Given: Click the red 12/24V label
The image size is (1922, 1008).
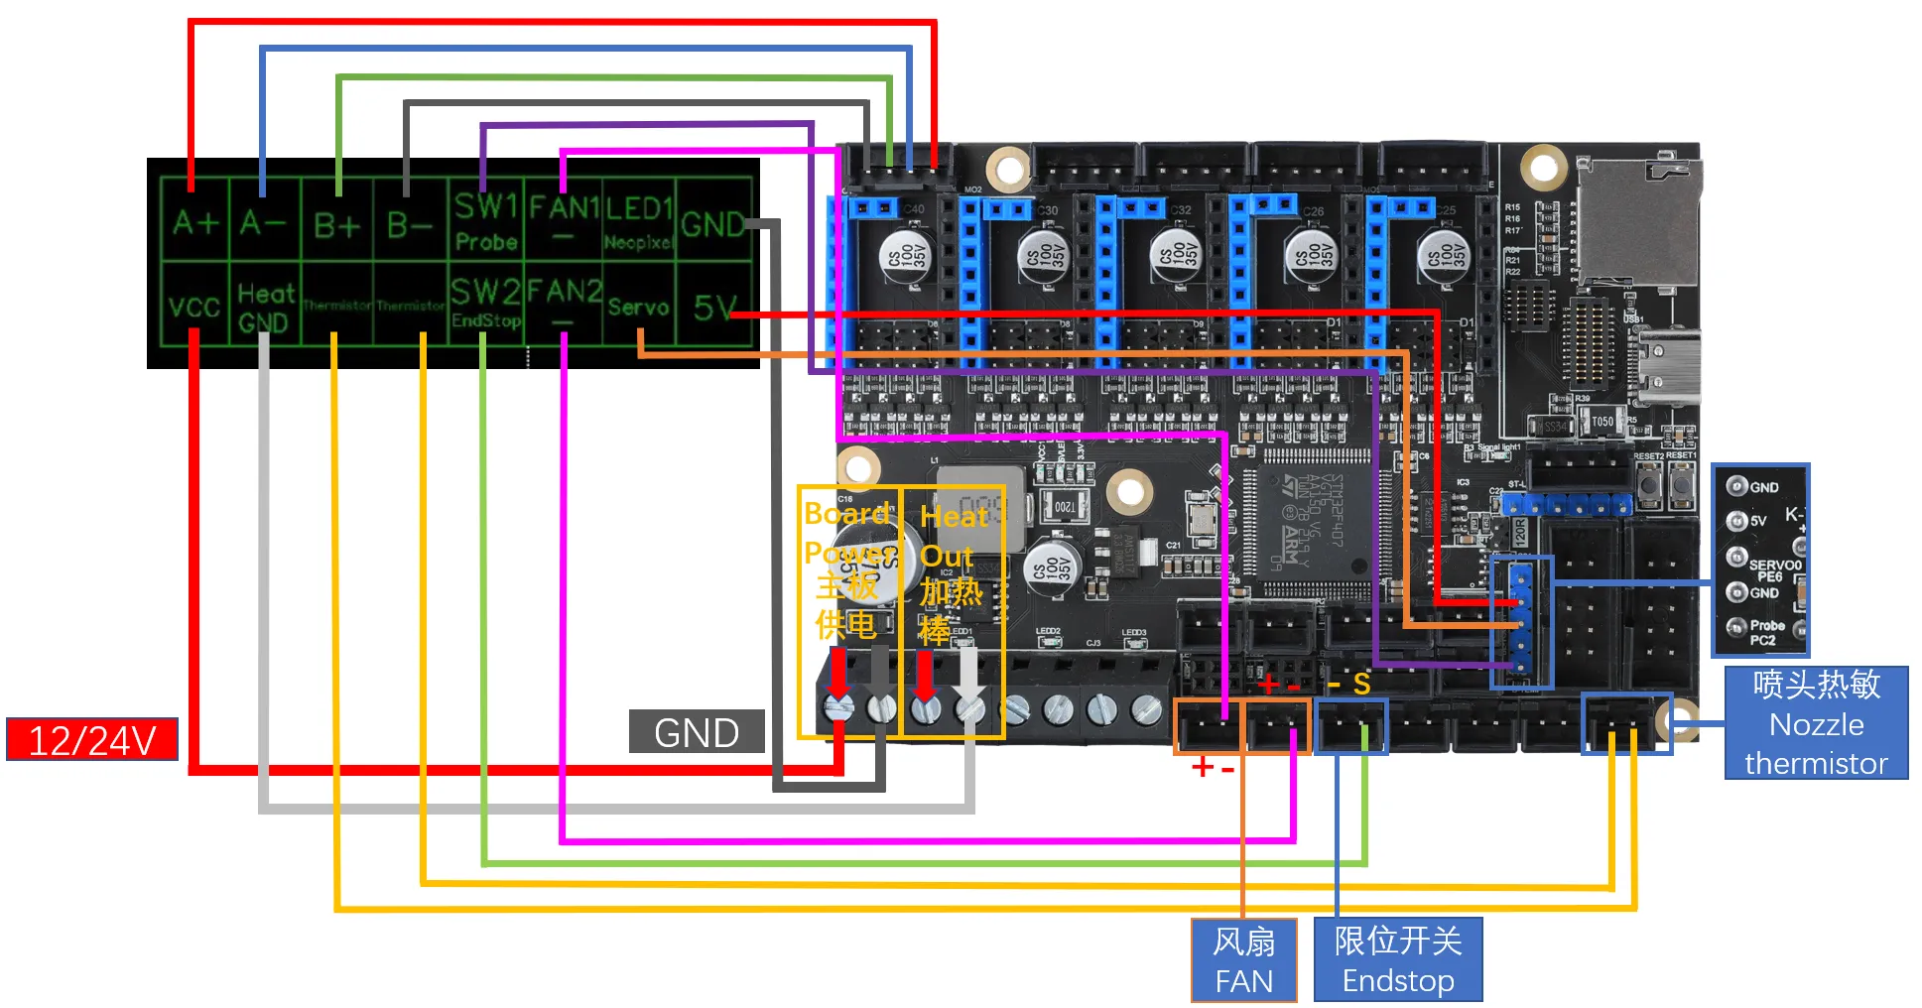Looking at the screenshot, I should click(92, 739).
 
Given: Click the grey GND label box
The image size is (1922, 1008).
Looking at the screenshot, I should click(697, 732).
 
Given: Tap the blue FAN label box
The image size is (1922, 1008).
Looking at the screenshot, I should click(1243, 960).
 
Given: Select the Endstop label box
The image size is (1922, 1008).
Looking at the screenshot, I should click(1397, 960).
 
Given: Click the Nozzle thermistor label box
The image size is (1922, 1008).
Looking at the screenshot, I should click(1816, 723).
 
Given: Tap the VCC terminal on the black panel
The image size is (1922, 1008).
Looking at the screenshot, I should click(193, 307).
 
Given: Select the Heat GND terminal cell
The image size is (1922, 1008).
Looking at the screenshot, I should click(265, 307).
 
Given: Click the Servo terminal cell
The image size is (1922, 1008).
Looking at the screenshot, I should click(638, 307).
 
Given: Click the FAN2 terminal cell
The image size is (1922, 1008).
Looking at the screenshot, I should click(564, 302).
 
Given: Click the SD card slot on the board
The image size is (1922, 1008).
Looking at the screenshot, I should click(1637, 223).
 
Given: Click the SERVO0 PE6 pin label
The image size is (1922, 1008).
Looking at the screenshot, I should click(1773, 569).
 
